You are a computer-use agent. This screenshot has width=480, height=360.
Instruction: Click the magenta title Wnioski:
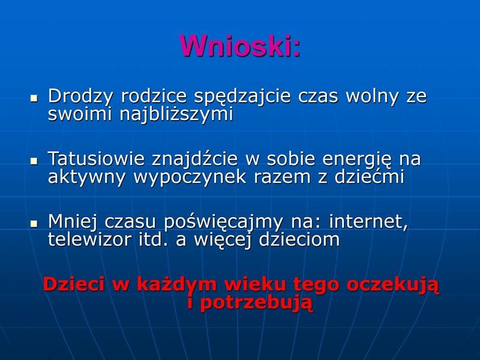point(241,46)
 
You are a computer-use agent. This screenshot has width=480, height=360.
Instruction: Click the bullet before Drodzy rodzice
point(34,98)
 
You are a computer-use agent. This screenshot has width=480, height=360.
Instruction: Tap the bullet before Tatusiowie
point(34,161)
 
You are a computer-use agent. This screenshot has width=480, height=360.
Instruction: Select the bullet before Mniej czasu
point(34,223)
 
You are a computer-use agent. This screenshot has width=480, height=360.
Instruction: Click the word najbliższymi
point(176,115)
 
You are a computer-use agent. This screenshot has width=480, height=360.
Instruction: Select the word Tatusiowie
point(96,158)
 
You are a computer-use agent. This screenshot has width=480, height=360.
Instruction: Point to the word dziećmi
point(369,176)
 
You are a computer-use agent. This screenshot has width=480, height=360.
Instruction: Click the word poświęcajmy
point(223,222)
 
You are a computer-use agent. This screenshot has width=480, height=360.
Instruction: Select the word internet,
point(368,221)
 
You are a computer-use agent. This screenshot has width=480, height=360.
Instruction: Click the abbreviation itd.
point(154,239)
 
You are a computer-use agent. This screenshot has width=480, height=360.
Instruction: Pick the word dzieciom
point(299,239)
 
